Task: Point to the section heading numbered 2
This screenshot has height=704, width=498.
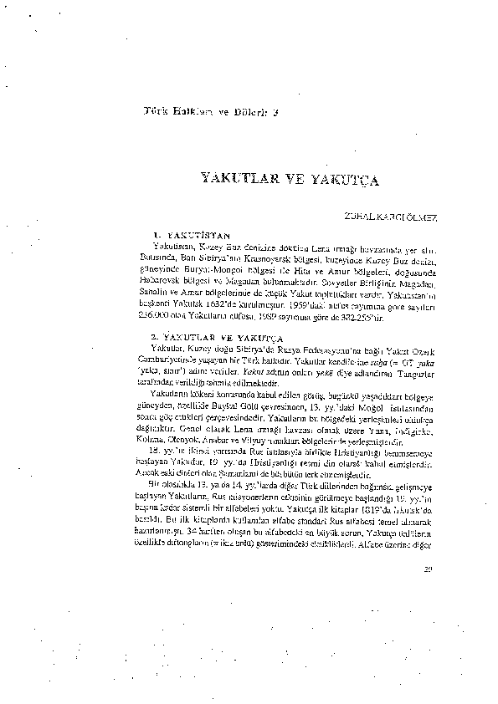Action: click(x=191, y=334)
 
